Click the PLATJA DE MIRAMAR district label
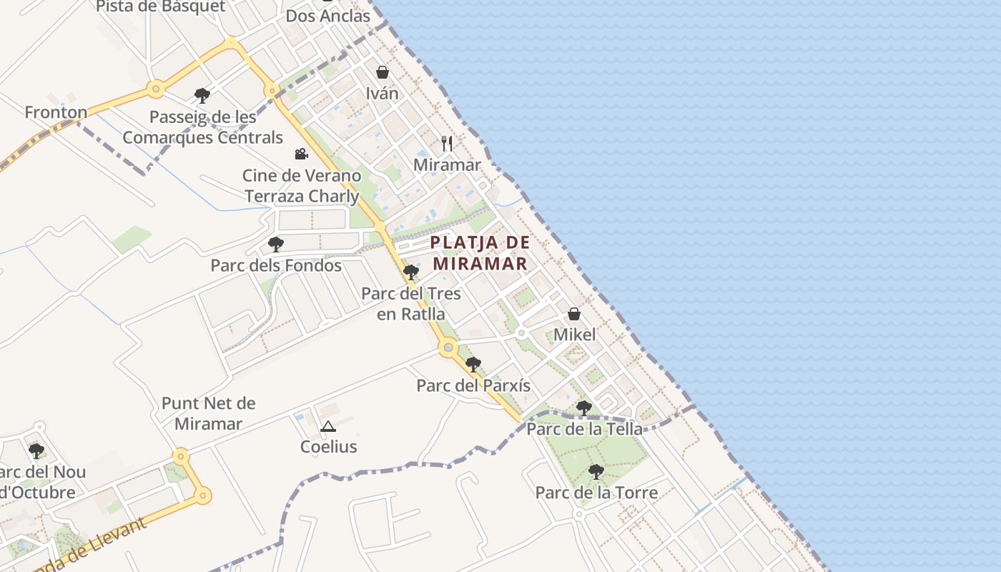(x=480, y=252)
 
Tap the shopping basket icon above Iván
(x=383, y=72)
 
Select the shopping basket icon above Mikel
(x=574, y=314)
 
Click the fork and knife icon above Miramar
(x=447, y=144)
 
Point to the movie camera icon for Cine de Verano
(x=301, y=154)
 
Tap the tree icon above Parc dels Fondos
(x=276, y=245)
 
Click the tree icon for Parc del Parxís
(x=473, y=365)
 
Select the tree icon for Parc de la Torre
(x=596, y=472)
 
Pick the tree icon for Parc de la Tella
(x=584, y=408)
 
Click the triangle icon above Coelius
(x=328, y=427)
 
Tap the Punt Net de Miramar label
(x=208, y=413)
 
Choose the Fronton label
(x=56, y=112)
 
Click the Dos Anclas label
(x=328, y=16)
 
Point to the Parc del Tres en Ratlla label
(x=411, y=303)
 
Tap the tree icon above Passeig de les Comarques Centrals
(x=202, y=95)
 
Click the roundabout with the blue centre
(x=448, y=348)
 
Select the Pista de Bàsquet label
(x=160, y=7)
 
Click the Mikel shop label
(x=574, y=334)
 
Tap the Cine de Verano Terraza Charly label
(x=301, y=185)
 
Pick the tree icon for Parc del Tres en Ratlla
(x=411, y=272)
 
